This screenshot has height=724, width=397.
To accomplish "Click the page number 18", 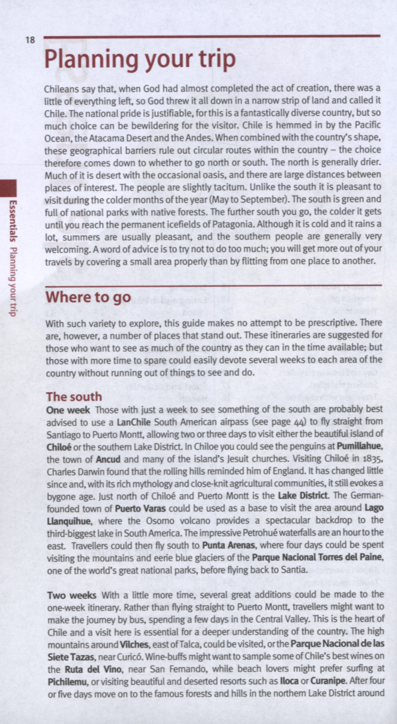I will tap(30, 40).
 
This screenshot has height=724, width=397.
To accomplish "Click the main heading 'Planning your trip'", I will tap(140, 59).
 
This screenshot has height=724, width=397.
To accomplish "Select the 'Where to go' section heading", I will tap(88, 297).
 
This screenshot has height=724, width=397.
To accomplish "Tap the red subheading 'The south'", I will tap(74, 396).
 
